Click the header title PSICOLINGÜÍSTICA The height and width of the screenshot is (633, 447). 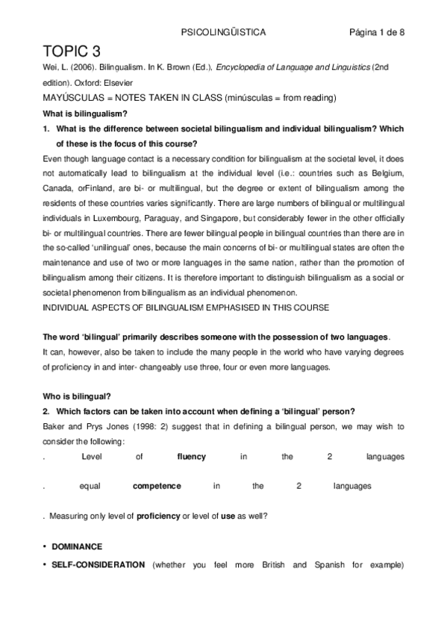(x=224, y=33)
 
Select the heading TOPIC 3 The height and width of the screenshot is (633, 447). (x=72, y=52)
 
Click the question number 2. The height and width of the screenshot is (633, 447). (x=46, y=411)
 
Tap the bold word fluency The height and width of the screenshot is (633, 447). (x=191, y=456)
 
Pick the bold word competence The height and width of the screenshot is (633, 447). (x=157, y=486)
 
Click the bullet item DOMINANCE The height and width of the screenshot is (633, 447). (x=77, y=546)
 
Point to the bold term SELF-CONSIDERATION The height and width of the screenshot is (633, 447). (x=98, y=564)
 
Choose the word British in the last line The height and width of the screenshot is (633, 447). (x=272, y=564)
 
